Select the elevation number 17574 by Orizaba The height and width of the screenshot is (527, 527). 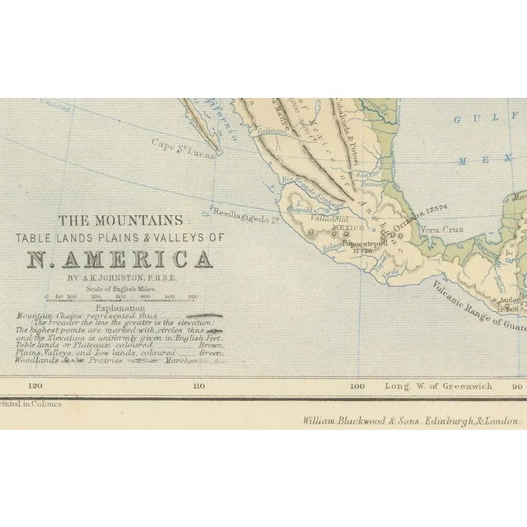pyautogui.click(x=436, y=208)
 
